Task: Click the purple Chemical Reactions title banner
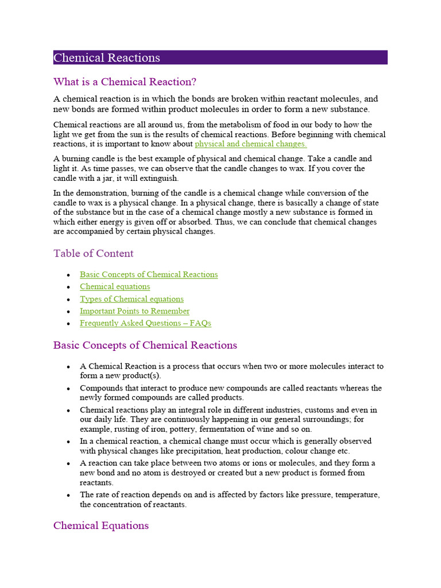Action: click(220, 57)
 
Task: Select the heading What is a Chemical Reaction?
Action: click(125, 82)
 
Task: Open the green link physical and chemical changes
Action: click(250, 144)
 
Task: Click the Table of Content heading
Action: click(93, 253)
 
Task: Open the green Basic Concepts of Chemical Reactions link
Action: click(149, 274)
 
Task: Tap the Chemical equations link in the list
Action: click(115, 287)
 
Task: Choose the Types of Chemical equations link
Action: click(131, 299)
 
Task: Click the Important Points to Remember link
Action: click(134, 311)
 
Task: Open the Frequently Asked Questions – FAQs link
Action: click(145, 323)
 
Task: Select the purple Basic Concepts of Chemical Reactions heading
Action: click(145, 345)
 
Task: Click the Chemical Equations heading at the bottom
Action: click(101, 525)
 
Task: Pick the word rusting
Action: click(123, 429)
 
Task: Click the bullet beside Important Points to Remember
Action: click(69, 311)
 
